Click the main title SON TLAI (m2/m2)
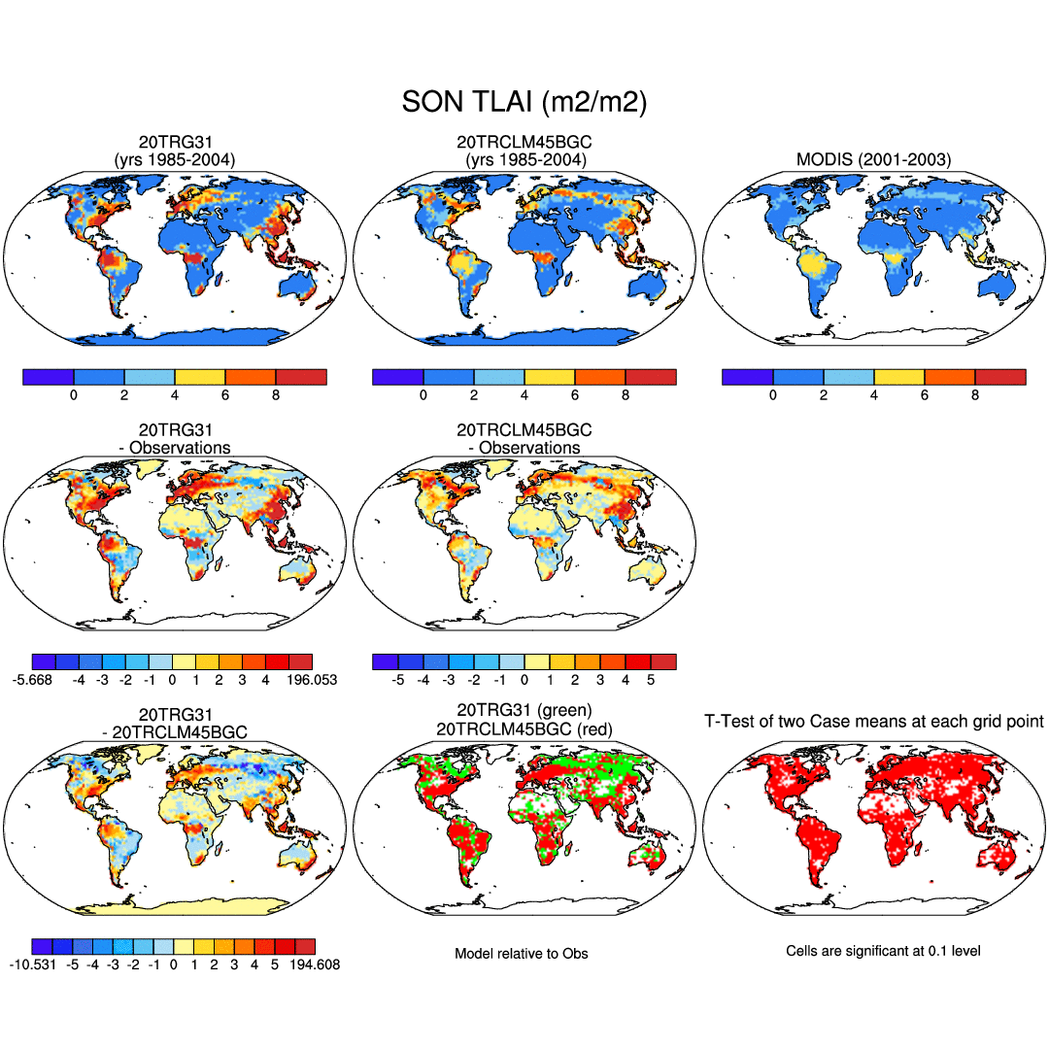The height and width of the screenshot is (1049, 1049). click(524, 101)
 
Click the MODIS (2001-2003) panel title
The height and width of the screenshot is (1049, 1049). click(874, 159)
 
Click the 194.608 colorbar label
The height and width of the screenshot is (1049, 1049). click(313, 964)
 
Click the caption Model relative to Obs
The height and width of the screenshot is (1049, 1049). click(522, 953)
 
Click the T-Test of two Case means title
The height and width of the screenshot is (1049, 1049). click(874, 721)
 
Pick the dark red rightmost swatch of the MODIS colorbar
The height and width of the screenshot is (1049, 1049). click(1000, 377)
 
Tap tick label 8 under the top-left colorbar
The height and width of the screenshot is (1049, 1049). click(276, 395)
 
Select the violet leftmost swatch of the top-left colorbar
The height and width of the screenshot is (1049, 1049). click(49, 377)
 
